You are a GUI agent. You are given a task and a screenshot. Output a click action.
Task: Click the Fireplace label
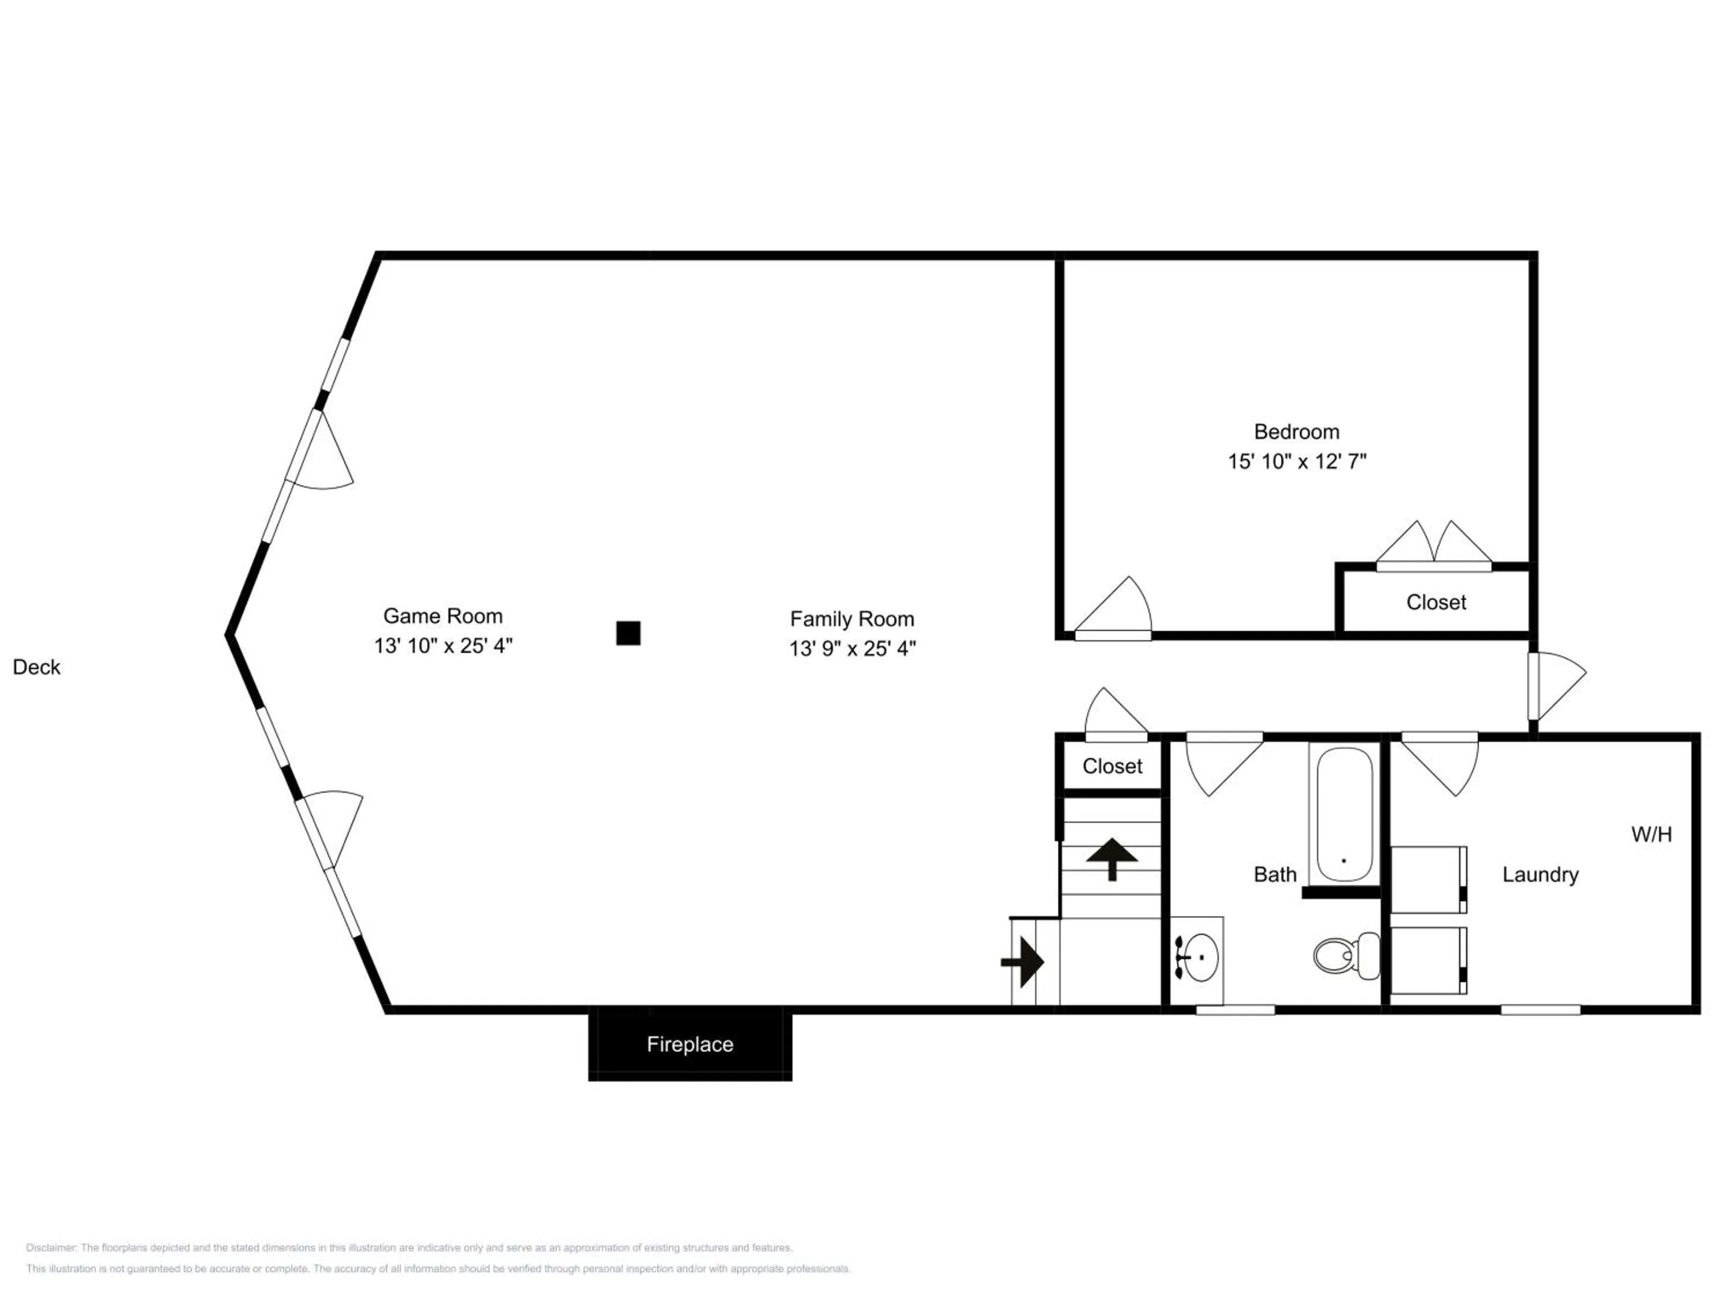pyautogui.click(x=689, y=1044)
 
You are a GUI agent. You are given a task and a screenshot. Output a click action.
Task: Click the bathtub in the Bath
pyautogui.click(x=1344, y=814)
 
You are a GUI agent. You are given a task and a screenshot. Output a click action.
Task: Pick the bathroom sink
pyautogui.click(x=1199, y=957)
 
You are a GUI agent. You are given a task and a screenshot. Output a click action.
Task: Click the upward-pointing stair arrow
pyautogui.click(x=1112, y=859)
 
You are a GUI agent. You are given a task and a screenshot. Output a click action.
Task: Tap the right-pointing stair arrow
pyautogui.click(x=1022, y=961)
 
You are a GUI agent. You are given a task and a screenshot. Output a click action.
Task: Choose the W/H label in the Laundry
pyautogui.click(x=1652, y=834)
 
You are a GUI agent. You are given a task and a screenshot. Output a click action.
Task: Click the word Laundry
pyautogui.click(x=1540, y=875)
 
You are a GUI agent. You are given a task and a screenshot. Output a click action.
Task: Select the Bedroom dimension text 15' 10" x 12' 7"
pyautogui.click(x=1297, y=462)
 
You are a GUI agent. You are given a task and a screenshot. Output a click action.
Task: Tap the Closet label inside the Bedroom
pyautogui.click(x=1436, y=602)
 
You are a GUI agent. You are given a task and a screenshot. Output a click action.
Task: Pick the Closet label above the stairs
pyautogui.click(x=1113, y=766)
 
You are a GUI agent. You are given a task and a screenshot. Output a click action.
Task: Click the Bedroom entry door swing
pyautogui.click(x=1113, y=607)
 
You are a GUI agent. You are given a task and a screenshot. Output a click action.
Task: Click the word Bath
pyautogui.click(x=1275, y=875)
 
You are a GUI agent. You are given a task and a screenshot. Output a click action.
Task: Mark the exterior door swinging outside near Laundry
pyautogui.click(x=1557, y=686)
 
